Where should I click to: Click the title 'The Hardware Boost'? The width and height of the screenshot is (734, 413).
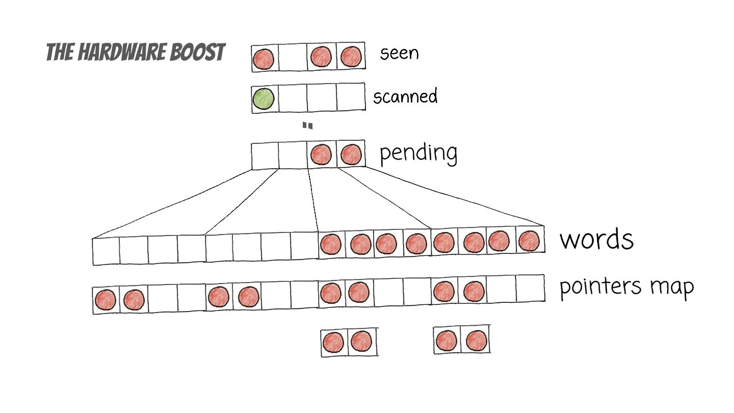coord(136,52)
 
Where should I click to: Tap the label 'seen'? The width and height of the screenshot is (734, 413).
coord(399,53)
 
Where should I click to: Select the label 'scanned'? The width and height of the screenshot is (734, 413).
coord(405,96)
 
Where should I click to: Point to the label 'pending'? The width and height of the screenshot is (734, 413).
coord(418,152)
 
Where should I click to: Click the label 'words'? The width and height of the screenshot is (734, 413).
coord(596,239)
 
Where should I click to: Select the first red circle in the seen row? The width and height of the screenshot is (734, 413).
coord(264,59)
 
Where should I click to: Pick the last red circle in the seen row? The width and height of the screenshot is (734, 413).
coord(351,57)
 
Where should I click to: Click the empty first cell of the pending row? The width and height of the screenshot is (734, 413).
coord(265,156)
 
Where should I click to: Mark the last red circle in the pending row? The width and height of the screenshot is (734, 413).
coord(351,154)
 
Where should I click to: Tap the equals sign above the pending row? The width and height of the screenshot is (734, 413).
coord(307,125)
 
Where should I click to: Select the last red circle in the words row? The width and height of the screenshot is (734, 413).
coord(529,241)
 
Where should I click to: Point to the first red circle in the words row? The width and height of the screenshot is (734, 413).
coord(331,244)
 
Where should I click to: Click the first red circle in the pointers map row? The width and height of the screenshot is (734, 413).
coord(106,300)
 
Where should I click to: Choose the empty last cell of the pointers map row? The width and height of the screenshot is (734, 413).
coord(530,288)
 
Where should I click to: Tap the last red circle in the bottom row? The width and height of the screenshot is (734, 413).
coord(477,340)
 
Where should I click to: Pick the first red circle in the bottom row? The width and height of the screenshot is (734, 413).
coord(333,341)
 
